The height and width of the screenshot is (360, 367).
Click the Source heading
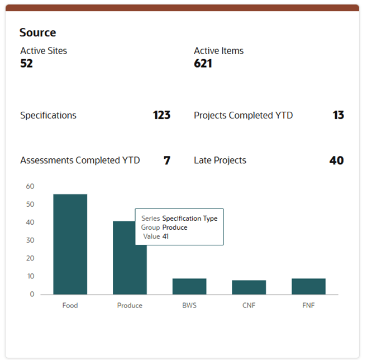coord(37,33)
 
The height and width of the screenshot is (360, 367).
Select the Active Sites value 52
coord(27,64)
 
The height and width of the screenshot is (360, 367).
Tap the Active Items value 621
coord(203,64)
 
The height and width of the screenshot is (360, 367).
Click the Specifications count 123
coord(161,116)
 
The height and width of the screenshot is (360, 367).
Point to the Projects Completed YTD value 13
coord(338,116)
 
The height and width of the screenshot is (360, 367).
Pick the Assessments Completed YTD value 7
coord(167,160)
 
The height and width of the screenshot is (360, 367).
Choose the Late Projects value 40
coord(336,160)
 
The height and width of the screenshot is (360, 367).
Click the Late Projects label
coord(220,160)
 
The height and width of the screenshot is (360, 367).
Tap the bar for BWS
coord(189,286)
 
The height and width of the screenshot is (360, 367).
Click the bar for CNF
coord(249,287)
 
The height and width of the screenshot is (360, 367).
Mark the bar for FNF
coord(308,286)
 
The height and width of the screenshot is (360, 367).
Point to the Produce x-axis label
coord(130,306)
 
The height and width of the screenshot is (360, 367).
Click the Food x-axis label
coord(70,306)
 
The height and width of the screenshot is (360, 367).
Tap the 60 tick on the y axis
coord(30,187)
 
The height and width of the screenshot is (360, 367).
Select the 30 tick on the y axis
coord(30,240)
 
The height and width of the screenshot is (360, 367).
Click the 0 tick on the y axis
coord(32,294)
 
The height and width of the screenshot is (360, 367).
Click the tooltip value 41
coord(166,236)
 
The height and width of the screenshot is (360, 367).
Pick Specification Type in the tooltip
coord(189,219)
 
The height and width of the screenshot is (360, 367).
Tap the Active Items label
coord(218,51)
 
